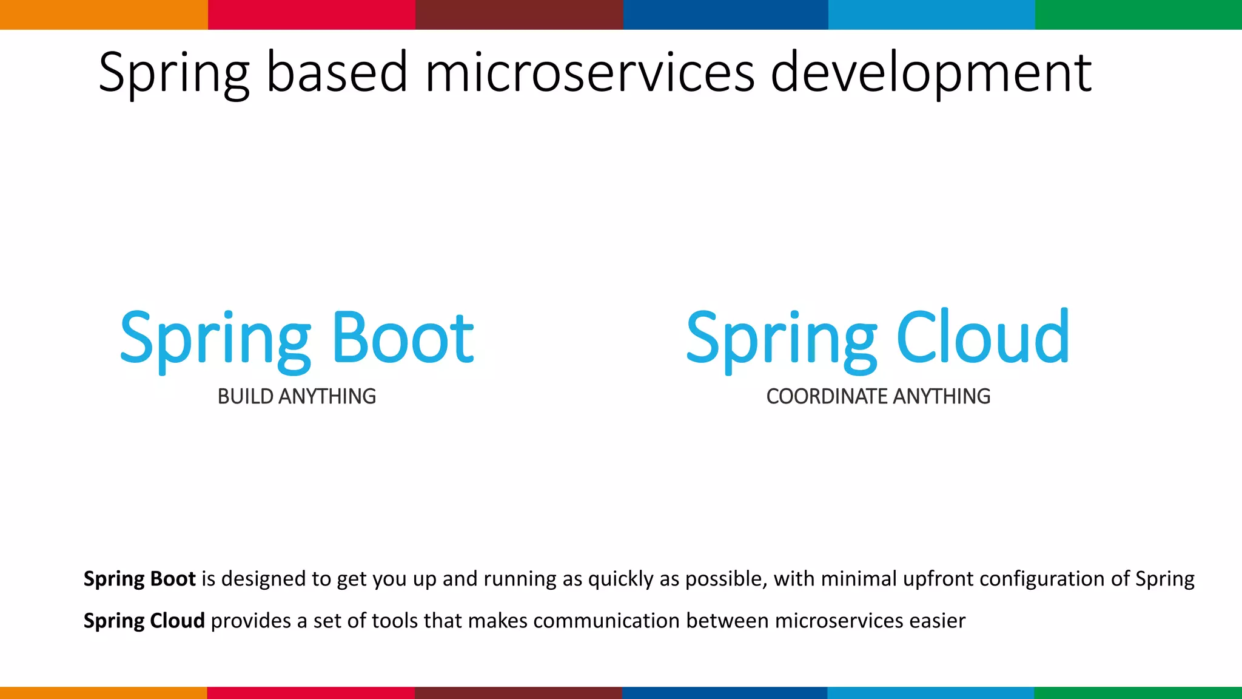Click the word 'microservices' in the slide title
589,73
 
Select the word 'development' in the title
931,73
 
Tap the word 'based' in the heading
337,73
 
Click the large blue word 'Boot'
403,338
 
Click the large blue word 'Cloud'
982,338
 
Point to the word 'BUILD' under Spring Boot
245,396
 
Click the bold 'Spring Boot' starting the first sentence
139,579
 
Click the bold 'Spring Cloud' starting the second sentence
144,621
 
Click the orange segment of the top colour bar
103,15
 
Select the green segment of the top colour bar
1138,15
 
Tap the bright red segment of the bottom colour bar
310,692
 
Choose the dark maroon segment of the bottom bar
518,692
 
